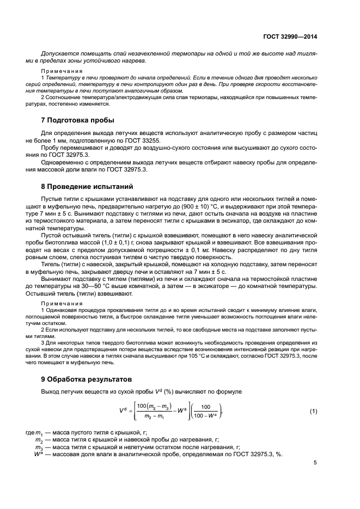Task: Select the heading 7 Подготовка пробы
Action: [78, 120]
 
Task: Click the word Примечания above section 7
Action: [61, 71]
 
